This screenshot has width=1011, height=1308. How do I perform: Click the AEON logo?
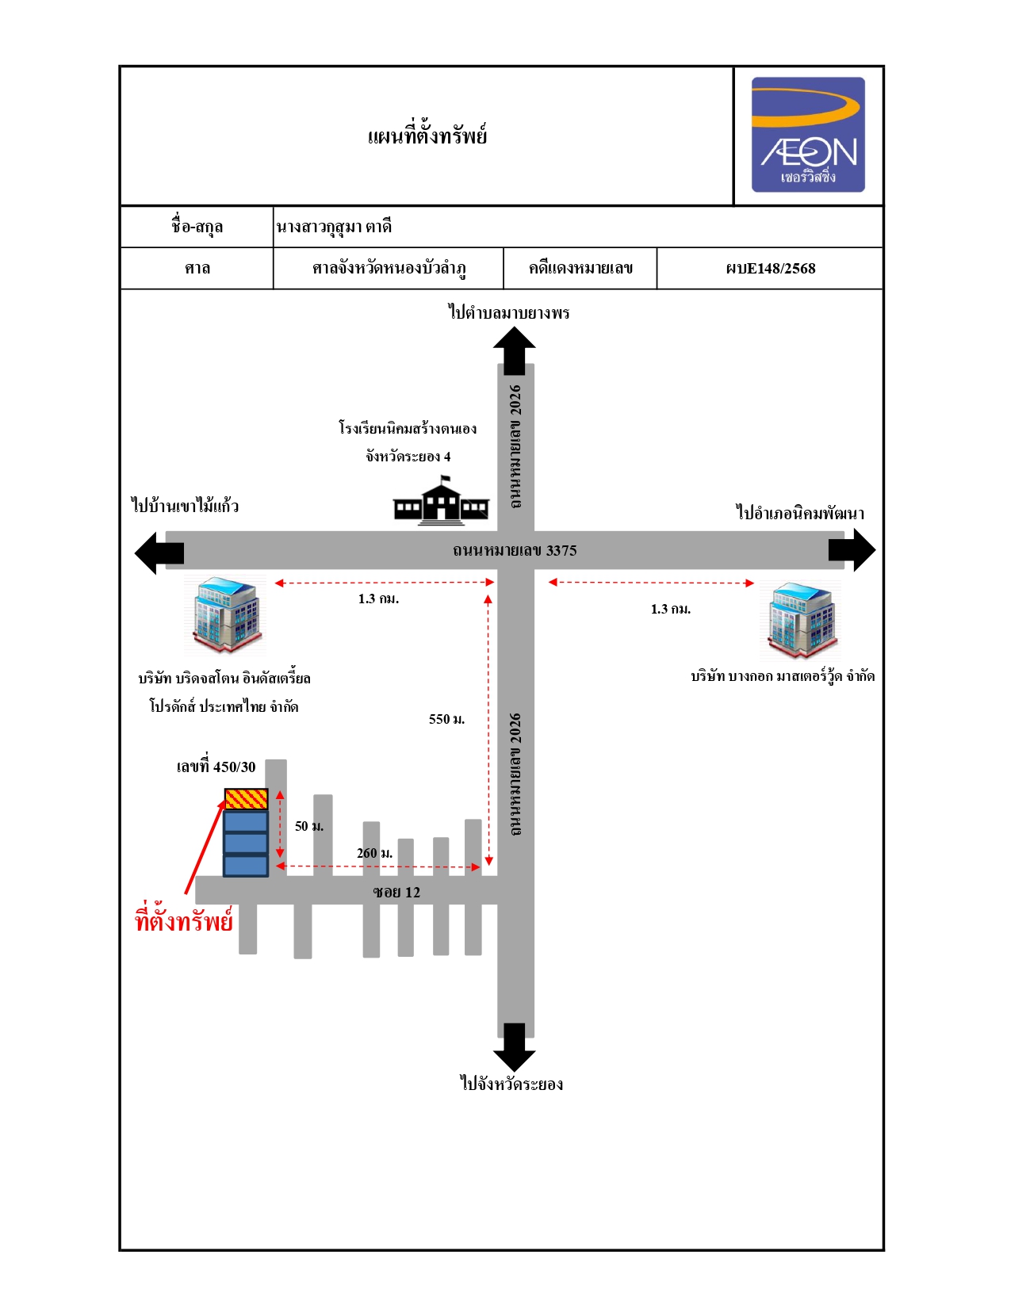coord(807,134)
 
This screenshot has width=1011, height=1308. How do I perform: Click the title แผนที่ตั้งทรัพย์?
coord(427,135)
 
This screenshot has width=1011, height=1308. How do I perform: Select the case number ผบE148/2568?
coord(770,269)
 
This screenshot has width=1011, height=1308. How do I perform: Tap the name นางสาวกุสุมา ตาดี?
coord(334,227)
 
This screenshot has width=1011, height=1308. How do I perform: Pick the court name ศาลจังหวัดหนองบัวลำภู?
coord(389,269)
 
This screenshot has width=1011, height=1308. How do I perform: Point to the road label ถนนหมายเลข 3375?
coord(515,550)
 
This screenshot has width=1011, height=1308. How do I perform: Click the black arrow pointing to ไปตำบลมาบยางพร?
coord(515,350)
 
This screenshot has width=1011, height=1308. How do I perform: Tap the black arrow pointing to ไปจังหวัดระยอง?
coord(515,1047)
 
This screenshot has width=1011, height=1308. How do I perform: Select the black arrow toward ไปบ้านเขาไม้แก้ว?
coord(159,553)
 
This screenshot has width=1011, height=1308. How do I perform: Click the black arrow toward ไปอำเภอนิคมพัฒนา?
coord(852,549)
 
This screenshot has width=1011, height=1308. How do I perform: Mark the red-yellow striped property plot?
coord(246,799)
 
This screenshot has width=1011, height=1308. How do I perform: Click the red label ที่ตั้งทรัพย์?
coord(184,921)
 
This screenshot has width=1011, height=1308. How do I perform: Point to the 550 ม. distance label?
coord(446,719)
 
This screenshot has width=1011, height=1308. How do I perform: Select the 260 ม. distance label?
coord(374,853)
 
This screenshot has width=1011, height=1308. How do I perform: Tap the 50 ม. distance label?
coord(309,826)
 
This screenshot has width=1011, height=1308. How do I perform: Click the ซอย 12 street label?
coord(396,892)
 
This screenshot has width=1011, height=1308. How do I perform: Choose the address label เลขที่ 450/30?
coord(216,766)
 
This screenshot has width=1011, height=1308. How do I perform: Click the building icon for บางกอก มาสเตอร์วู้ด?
coord(800,620)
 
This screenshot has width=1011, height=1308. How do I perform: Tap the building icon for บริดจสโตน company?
coord(225,614)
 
